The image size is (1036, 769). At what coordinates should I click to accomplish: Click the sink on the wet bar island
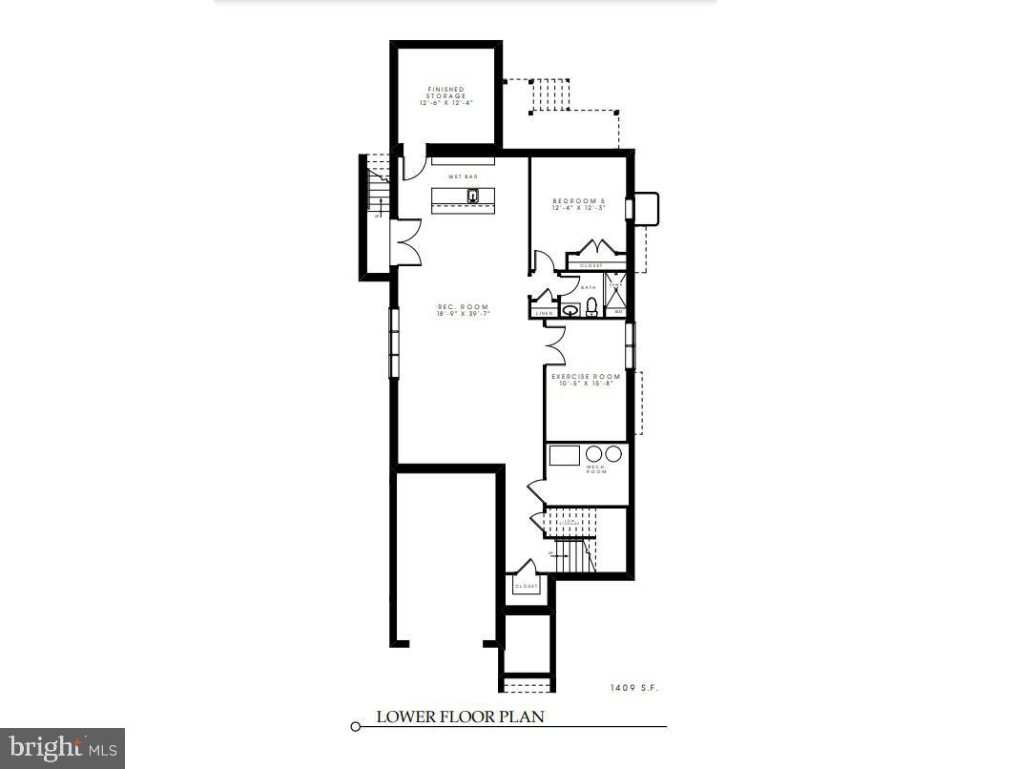[472, 197]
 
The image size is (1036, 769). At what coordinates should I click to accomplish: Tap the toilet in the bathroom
[591, 306]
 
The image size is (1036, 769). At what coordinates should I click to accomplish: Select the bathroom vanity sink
[570, 309]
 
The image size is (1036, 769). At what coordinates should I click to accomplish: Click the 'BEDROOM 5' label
[578, 200]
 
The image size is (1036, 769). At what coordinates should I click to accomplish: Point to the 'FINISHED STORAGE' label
[445, 93]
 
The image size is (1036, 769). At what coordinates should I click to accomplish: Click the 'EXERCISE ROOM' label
[586, 377]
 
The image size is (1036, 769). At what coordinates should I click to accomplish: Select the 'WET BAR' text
[463, 177]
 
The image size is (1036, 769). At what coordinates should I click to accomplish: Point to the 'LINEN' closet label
[543, 313]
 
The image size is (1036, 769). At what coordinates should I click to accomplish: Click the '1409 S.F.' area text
[634, 687]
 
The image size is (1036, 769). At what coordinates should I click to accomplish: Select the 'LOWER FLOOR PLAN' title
[460, 717]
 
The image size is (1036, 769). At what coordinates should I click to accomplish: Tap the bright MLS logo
[62, 747]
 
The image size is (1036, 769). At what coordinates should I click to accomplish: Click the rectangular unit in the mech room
[565, 455]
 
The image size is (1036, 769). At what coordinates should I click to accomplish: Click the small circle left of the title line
[356, 727]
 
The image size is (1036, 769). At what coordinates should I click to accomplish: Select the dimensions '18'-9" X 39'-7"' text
[463, 314]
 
